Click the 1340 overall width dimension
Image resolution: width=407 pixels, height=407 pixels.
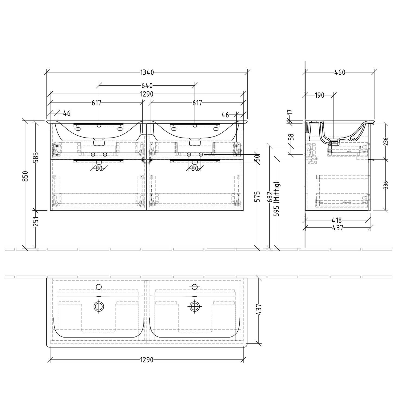click(x=147, y=72)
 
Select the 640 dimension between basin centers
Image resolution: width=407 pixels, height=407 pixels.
click(x=147, y=86)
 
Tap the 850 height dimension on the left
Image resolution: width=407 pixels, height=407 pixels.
click(x=25, y=176)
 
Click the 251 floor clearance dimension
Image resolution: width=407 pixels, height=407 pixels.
click(x=36, y=221)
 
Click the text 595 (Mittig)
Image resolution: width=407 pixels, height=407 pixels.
click(x=277, y=199)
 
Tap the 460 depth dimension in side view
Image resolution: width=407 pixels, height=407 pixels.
click(x=340, y=72)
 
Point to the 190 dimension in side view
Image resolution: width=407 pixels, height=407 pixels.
click(x=319, y=95)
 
